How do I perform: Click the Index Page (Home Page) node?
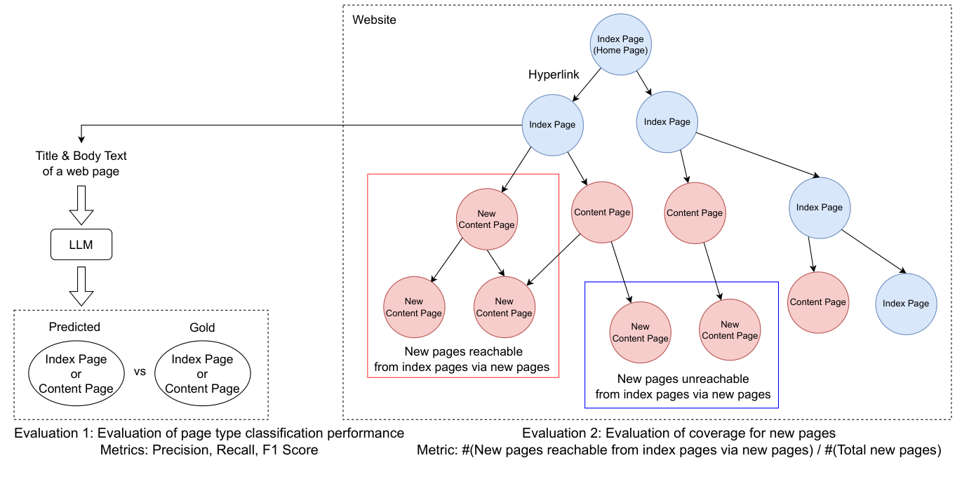620,45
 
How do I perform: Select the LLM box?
81,245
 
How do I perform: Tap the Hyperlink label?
554,74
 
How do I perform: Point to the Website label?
374,20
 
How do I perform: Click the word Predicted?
74,327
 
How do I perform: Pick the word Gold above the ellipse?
202,328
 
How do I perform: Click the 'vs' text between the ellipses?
140,372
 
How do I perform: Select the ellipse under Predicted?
76,374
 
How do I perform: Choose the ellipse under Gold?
202,374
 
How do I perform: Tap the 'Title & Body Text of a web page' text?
81,163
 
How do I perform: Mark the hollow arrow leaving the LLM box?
81,285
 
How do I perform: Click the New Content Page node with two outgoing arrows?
486,219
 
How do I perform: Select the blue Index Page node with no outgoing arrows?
905,303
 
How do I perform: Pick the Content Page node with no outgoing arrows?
817,302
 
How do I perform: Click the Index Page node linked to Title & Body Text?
552,125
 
